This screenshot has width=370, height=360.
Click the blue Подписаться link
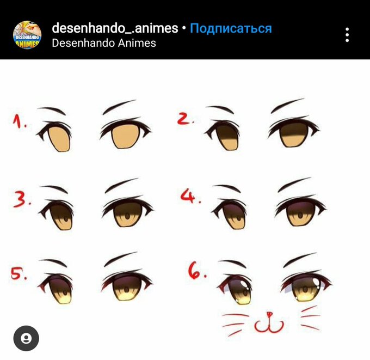pos(231,28)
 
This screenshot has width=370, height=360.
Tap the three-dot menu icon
pos(347,35)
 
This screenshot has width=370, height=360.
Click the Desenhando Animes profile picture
pos(27,35)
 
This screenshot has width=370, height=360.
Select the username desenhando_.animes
pos(115,28)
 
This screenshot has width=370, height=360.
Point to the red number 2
pos(183,119)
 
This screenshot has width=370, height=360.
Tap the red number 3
pos(20,200)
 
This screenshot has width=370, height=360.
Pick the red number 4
pos(188,196)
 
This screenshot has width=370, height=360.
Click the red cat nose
pos(269,314)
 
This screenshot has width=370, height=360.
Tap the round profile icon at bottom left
pos(26,338)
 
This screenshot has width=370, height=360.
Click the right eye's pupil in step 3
pos(127,216)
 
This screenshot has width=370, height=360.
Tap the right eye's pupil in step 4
pos(300,216)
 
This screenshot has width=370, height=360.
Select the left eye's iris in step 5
pos(59,290)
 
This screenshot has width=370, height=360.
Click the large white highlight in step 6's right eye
pos(316,282)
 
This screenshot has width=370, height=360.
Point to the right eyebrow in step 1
pos(120,107)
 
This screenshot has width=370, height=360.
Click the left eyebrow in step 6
pos(232,264)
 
